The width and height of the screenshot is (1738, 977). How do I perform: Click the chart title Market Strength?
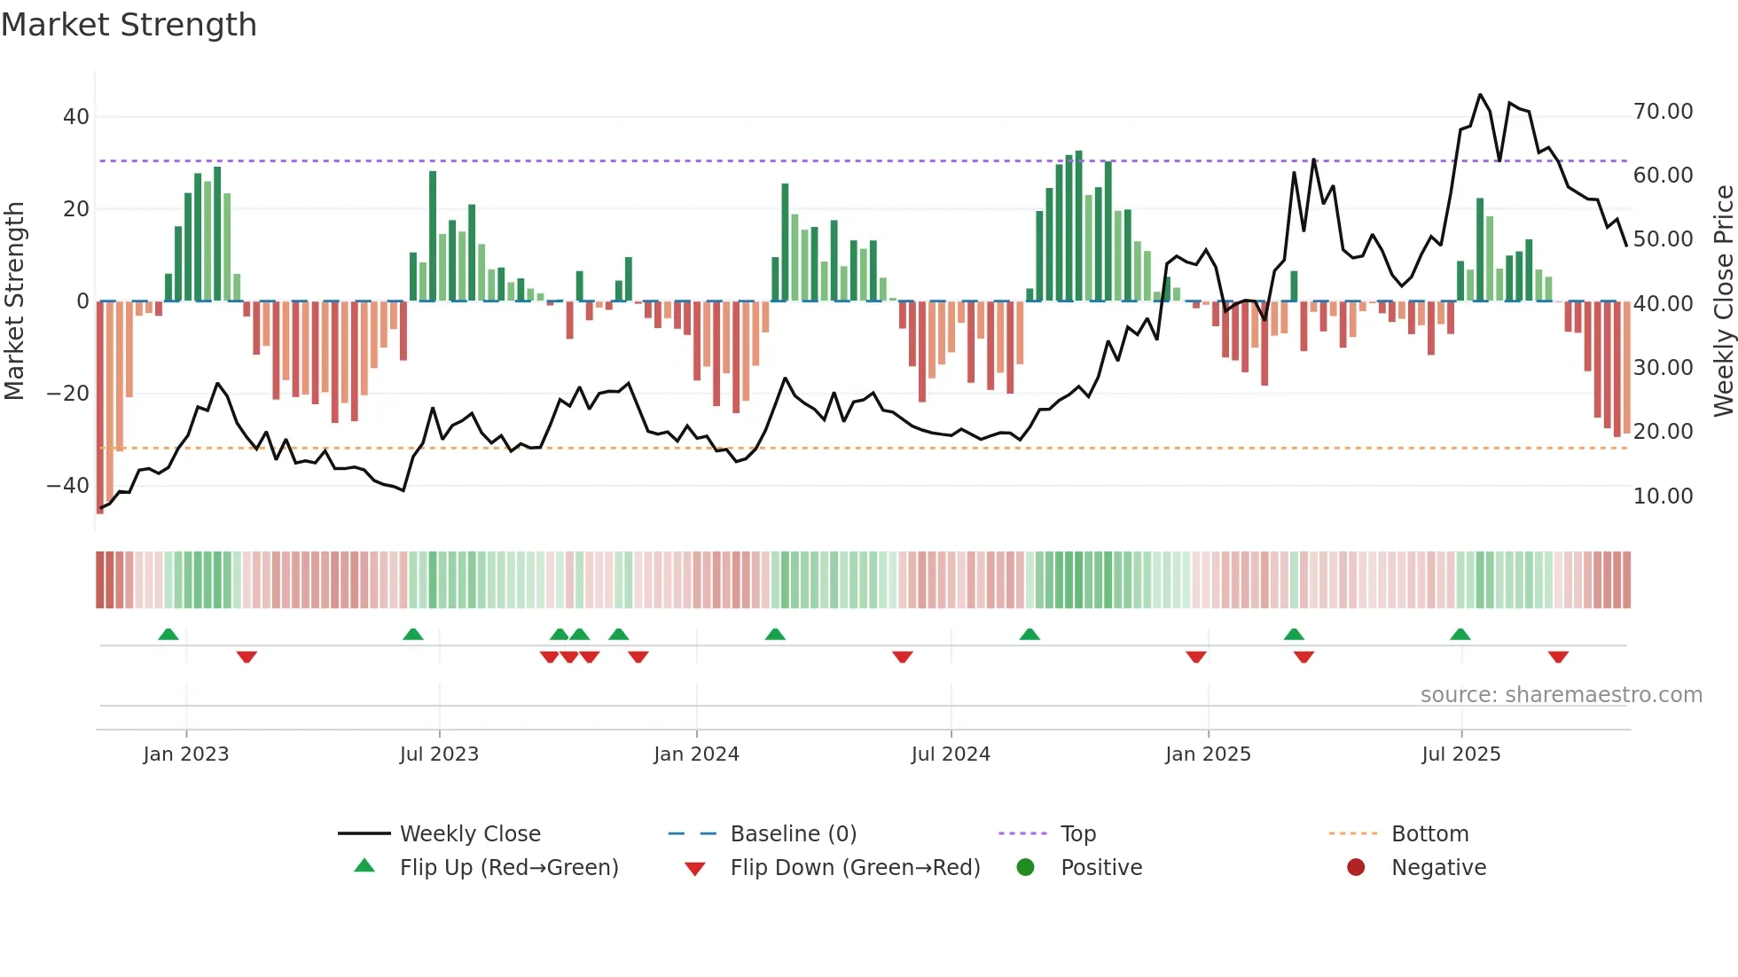129,25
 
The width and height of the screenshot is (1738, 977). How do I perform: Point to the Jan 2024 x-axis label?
696,754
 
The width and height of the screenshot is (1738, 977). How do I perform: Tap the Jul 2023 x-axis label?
439,754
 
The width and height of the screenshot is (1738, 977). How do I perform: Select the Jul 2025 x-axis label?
1460,754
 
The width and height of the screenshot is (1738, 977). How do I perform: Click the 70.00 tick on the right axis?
1663,112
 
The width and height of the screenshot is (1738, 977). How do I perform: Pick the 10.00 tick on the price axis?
1663,496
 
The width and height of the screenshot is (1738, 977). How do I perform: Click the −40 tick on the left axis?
68,486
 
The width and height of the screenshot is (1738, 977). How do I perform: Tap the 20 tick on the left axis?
75,209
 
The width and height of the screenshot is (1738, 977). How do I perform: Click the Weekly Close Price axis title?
1723,301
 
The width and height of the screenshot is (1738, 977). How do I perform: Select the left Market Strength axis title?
15,301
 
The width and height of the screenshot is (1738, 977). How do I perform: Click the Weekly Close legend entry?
470,834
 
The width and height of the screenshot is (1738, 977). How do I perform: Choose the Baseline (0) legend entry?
793,834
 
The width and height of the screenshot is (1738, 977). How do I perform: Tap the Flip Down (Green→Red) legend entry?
855,868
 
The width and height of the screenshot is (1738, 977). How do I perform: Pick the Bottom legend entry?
1429,834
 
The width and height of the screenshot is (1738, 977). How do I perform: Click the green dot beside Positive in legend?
1025,868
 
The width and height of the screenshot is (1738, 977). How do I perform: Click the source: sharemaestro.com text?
1561,695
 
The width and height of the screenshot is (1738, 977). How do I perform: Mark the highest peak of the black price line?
1480,95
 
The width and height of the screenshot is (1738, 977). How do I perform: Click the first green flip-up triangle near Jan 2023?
168,634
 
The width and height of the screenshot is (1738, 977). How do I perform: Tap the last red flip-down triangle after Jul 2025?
1558,657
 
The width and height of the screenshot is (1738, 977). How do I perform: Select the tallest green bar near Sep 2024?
1079,226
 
